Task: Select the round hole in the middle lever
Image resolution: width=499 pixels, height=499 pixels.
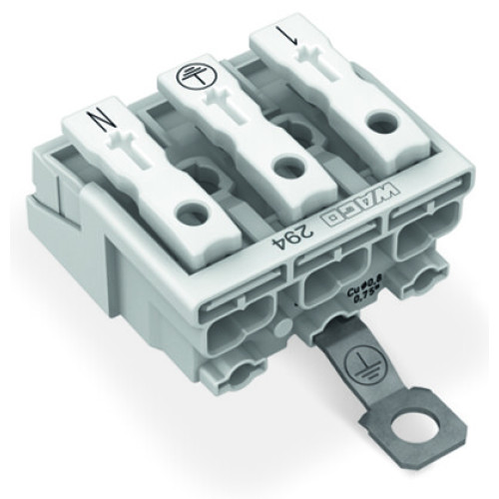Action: tap(286, 166)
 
